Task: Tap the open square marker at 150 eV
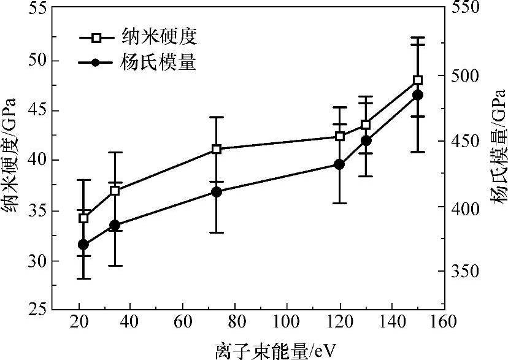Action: [418, 80]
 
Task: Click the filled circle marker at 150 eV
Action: [418, 95]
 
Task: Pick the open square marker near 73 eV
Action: [216, 149]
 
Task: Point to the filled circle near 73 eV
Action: [216, 192]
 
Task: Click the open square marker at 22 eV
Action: [84, 218]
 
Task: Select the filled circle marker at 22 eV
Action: [84, 245]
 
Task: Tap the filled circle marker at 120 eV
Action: [339, 164]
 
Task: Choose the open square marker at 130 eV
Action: [366, 125]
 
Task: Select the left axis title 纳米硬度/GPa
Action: [10, 161]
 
